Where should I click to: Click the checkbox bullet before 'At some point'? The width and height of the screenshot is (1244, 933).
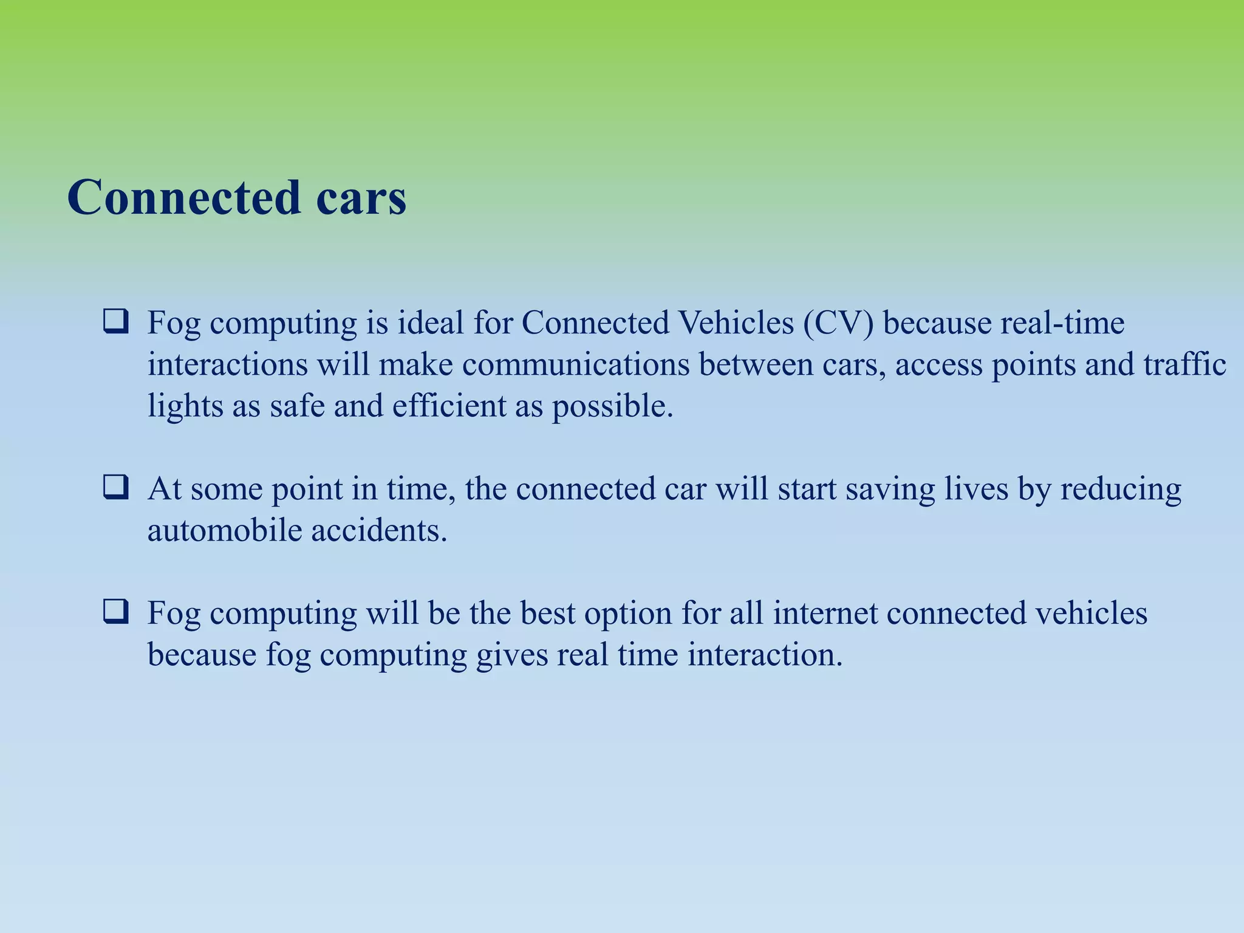click(x=115, y=488)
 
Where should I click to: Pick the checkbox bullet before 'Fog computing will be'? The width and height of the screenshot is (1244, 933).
click(x=115, y=612)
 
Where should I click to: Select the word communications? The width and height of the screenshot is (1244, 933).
click(x=576, y=364)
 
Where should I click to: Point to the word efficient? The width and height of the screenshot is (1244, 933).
click(x=449, y=406)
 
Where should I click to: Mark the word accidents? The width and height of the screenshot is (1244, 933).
click(x=379, y=530)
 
